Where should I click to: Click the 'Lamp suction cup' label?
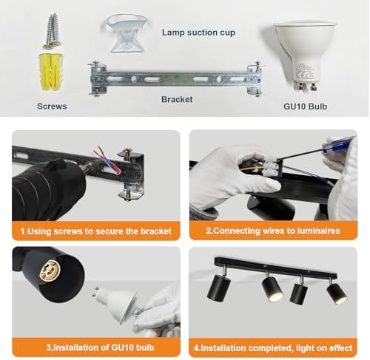tap(198, 33)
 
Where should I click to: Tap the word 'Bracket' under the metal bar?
tap(177, 99)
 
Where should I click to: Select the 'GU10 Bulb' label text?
tap(306, 106)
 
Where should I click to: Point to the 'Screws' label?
tap(52, 106)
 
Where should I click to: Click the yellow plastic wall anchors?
tap(50, 71)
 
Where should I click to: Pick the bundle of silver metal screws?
tap(53, 31)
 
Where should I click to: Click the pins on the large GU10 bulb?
tap(306, 86)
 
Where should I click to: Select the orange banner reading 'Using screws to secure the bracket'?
tap(96, 231)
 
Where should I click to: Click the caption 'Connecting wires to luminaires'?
tap(273, 231)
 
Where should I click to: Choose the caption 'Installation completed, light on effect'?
tap(273, 347)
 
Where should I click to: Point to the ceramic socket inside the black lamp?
tap(49, 271)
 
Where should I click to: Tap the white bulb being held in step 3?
tap(115, 302)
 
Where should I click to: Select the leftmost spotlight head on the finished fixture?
tap(219, 288)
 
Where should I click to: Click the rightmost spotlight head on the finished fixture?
tap(337, 293)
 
